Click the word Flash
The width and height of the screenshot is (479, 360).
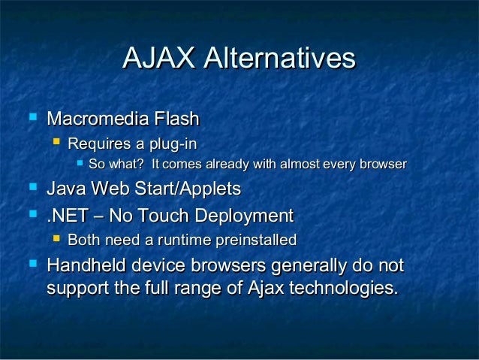176,119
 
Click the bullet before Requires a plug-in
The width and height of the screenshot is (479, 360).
55,141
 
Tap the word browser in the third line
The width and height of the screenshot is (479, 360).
382,164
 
